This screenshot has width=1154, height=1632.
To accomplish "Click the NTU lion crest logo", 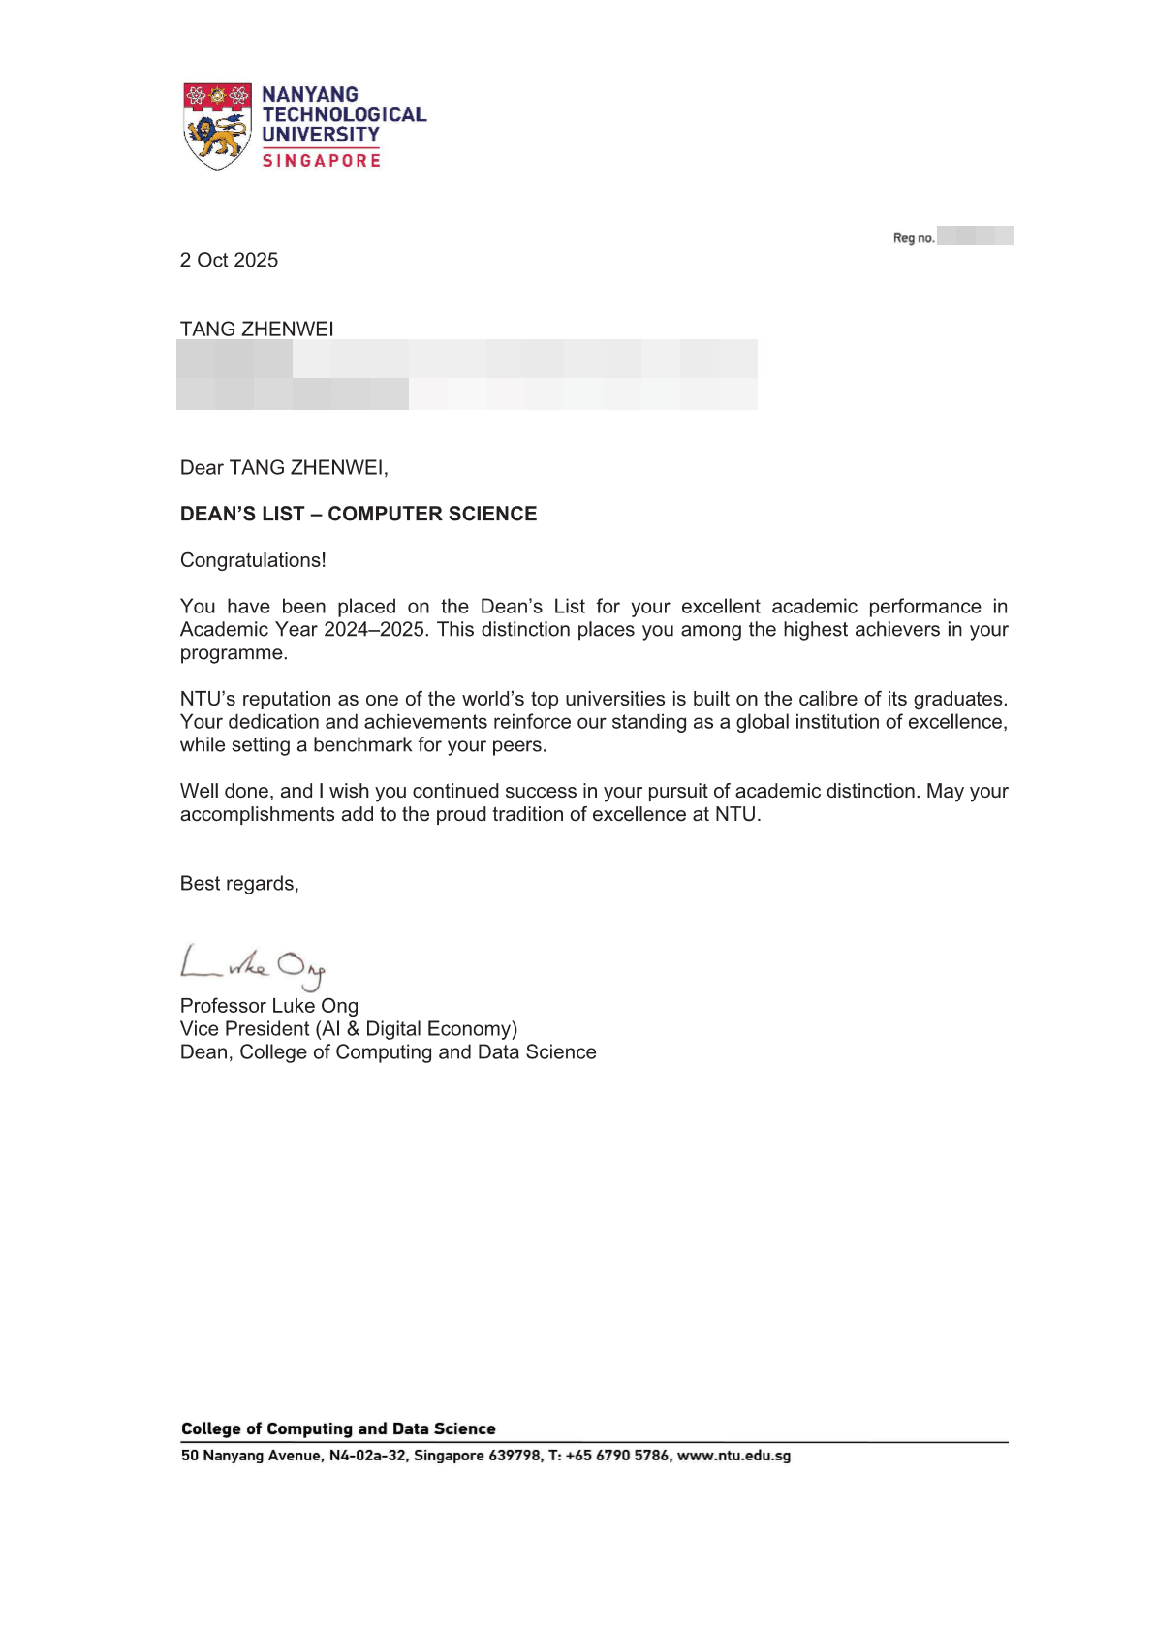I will pyautogui.click(x=217, y=126).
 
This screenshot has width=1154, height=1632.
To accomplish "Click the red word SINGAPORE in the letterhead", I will pyautogui.click(x=321, y=161).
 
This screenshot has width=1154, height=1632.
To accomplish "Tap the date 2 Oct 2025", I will pyautogui.click(x=229, y=260).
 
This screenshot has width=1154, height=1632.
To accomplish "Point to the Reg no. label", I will pyautogui.click(x=913, y=237).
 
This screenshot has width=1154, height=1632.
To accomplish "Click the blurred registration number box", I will pyautogui.click(x=975, y=235).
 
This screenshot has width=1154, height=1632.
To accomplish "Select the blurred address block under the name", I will pyautogui.click(x=466, y=374).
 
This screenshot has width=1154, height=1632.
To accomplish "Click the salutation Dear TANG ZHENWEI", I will pyautogui.click(x=284, y=468).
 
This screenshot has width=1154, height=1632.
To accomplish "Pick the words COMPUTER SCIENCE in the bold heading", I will pyautogui.click(x=432, y=514).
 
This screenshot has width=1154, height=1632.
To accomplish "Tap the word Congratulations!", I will pyautogui.click(x=253, y=560).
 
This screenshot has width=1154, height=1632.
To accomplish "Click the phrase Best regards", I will pyautogui.click(x=239, y=884).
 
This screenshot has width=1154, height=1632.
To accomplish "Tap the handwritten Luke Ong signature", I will pyautogui.click(x=253, y=964).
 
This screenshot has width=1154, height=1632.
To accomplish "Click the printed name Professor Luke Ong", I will pyautogui.click(x=269, y=1006).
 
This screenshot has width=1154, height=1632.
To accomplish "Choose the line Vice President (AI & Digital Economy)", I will pyautogui.click(x=349, y=1029).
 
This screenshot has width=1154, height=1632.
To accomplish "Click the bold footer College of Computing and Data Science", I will pyautogui.click(x=338, y=1428).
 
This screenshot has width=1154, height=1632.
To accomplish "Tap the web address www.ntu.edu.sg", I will pyautogui.click(x=733, y=1456).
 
